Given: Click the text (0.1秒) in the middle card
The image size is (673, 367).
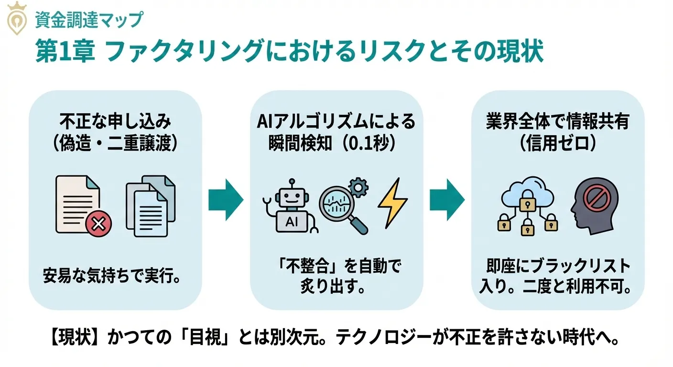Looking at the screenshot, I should [x=370, y=144].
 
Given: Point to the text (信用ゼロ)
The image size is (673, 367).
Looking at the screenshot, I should [x=557, y=144].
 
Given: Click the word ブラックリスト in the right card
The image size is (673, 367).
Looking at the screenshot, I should [x=578, y=266].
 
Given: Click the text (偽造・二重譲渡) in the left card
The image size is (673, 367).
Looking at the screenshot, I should [x=115, y=144].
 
